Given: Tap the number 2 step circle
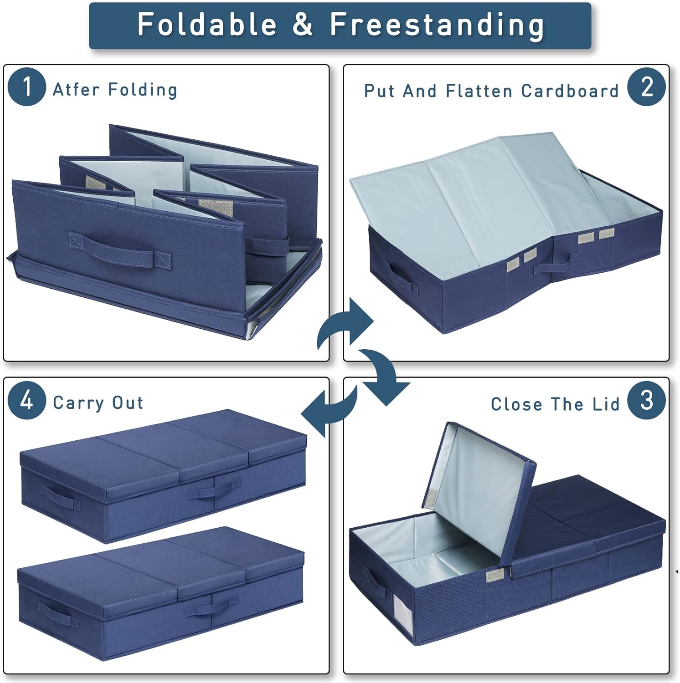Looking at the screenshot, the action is [x=647, y=87].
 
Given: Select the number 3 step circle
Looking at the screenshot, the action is [x=647, y=400].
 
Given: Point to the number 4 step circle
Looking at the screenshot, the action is [x=27, y=400].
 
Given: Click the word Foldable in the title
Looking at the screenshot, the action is [x=207, y=24].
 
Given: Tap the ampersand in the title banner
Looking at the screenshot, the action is [x=303, y=25].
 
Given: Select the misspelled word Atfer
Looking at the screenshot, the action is [x=76, y=90].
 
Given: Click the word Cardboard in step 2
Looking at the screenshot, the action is [x=570, y=91].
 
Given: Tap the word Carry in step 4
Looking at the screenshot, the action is [x=78, y=403].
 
